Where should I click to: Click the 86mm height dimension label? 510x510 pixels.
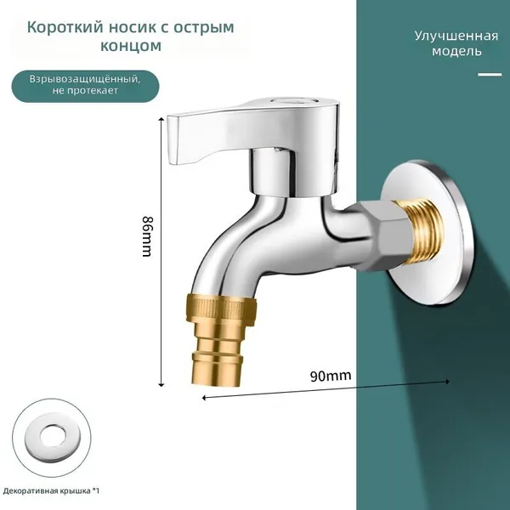click(147, 236)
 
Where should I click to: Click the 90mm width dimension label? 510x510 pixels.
click(331, 377)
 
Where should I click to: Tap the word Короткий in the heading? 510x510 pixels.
click(65, 27)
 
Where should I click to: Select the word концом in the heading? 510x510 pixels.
click(131, 46)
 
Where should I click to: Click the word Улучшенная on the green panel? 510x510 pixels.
click(456, 36)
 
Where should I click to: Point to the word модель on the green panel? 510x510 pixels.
click(456, 51)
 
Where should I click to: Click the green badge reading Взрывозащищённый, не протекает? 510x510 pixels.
click(86, 86)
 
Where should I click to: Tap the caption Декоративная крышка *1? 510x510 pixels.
click(51, 490)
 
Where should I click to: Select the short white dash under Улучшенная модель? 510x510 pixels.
click(490, 75)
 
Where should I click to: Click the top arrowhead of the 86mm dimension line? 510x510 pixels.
click(161, 120)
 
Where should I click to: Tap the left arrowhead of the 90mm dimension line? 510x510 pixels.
click(204, 398)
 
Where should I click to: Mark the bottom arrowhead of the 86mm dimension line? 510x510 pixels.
click(161, 385)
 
